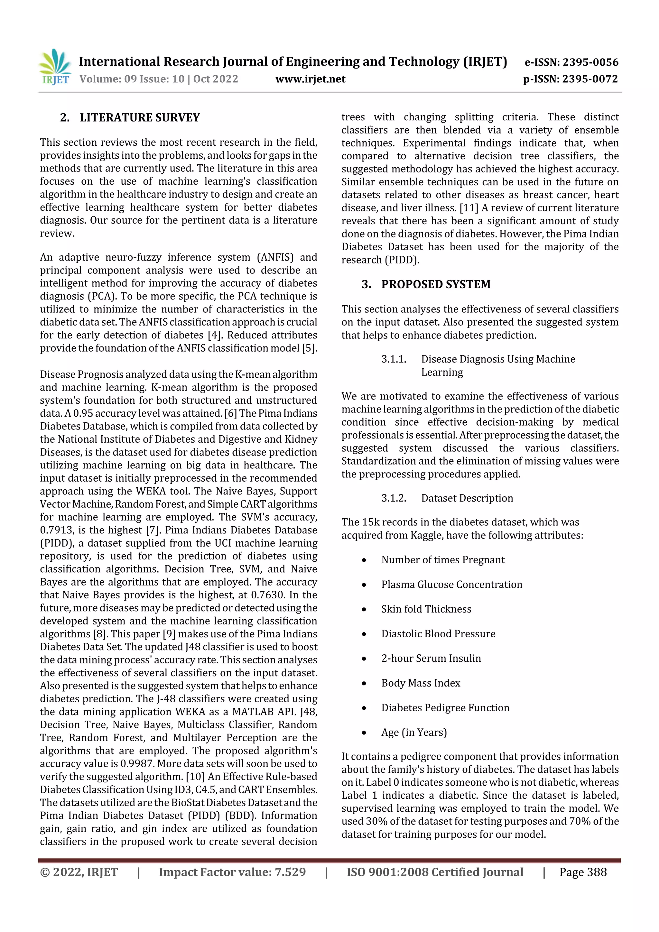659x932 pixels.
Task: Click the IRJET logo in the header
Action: (56, 67)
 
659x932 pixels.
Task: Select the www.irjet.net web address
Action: (310, 79)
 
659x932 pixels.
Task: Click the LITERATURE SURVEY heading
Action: (140, 118)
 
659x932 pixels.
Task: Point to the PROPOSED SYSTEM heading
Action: (436, 284)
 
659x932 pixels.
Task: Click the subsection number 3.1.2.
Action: (394, 498)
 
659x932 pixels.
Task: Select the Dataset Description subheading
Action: (467, 498)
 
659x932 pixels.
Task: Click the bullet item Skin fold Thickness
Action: (426, 609)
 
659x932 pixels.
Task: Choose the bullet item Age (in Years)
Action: (414, 732)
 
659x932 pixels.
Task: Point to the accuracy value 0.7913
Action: (56, 530)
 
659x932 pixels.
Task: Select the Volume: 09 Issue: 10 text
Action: (132, 79)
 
